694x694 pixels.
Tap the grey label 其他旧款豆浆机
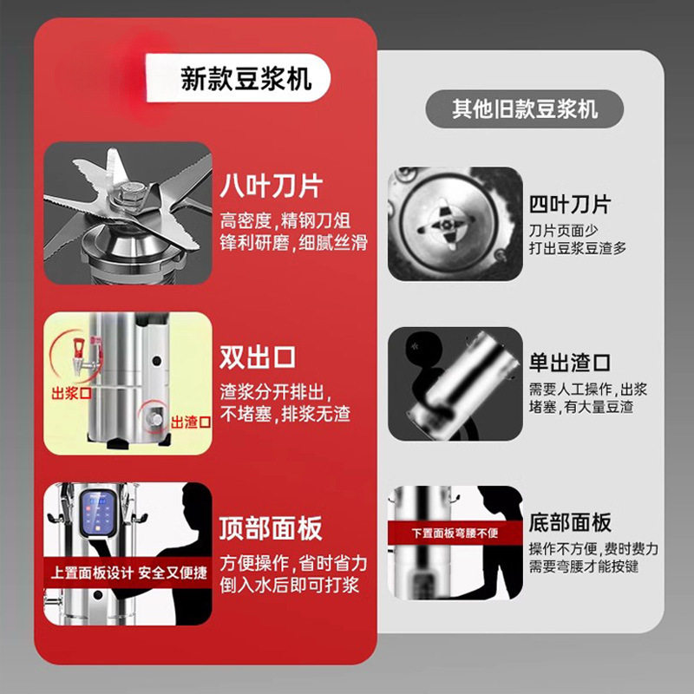click(524, 109)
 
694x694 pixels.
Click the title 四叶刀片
click(570, 205)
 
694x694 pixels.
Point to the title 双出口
click(258, 357)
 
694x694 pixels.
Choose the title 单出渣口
click(570, 361)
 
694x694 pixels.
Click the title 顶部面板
click(272, 527)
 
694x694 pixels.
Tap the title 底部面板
click(570, 521)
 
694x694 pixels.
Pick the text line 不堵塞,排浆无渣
click(284, 415)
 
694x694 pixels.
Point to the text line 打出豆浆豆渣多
click(577, 247)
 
